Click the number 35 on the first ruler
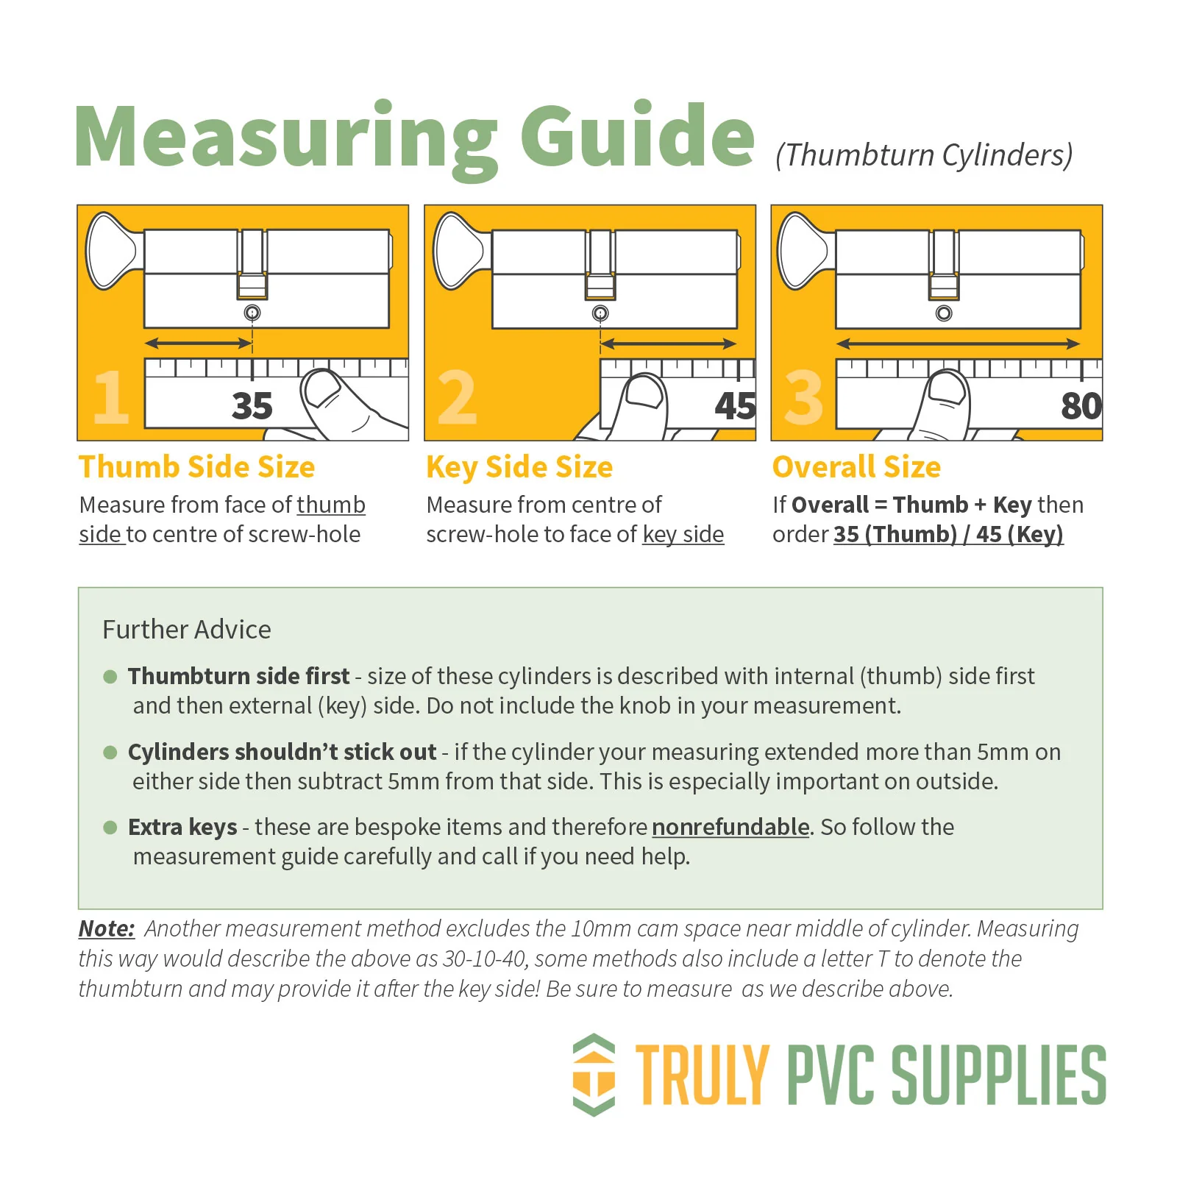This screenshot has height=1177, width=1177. pos(252,406)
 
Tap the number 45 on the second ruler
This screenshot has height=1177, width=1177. pos(735,406)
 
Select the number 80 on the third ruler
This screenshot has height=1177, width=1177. pos(1081,406)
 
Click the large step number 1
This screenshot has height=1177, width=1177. pos(111,397)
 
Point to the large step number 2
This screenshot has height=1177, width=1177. pos(457,397)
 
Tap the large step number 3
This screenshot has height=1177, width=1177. pos(803,397)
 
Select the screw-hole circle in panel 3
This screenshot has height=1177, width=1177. pos(944,313)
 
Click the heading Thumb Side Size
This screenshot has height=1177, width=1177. pos(197,467)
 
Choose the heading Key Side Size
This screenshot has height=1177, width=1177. pos(519,468)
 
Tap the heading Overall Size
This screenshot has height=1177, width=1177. pos(857,467)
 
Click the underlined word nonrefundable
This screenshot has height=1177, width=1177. pos(730,828)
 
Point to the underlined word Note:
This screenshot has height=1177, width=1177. pos(107,928)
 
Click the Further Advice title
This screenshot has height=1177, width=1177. pos(187,630)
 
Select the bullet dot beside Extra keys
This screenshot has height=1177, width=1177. pos(110,828)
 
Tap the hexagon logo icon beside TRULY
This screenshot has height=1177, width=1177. pos(594,1075)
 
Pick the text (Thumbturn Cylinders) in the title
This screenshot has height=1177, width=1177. pos(924,155)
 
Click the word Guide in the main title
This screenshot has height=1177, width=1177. pos(637,135)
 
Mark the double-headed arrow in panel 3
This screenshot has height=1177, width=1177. pos(958,344)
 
